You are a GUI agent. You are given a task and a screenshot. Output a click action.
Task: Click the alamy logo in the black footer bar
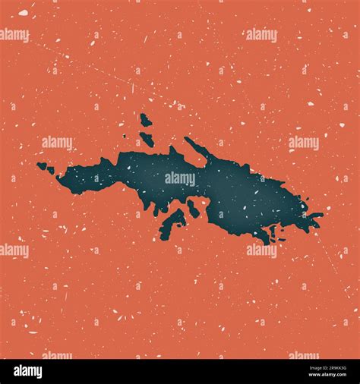pos(29,371)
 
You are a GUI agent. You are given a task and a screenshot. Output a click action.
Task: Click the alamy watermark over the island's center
pos(180,179)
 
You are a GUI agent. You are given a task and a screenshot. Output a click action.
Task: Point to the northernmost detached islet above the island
pos(144,120)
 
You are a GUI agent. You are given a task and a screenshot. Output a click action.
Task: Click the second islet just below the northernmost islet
pos(147,139)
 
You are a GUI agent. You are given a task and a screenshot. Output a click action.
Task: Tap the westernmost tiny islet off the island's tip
pos(41,165)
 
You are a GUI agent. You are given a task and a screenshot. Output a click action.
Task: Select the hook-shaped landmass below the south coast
pos(172,223)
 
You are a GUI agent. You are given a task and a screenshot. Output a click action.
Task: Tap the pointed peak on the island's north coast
pos(174,152)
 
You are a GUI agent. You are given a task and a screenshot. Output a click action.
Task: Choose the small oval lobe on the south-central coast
pos(193,209)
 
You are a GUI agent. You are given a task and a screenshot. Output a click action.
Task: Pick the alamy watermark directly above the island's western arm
pos(57,143)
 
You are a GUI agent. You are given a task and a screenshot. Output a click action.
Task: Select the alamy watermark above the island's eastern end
pos(303,143)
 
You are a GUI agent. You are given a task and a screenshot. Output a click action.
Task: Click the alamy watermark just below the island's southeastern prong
pos(262,250)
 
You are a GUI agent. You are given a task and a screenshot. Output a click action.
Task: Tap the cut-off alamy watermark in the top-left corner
pos(14,35)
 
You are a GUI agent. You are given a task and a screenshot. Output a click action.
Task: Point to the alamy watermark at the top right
pos(262,35)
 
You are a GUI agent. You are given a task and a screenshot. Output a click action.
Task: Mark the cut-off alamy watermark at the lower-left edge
pos(14,250)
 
